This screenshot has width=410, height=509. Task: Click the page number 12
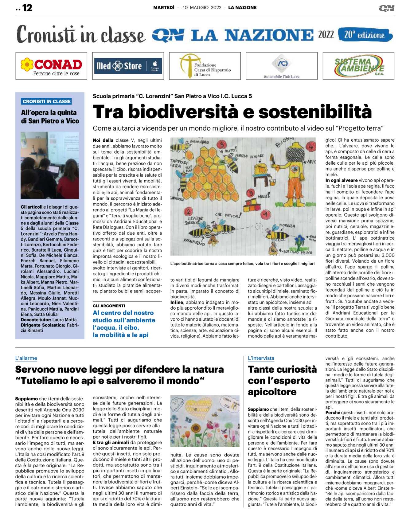pos(27,8)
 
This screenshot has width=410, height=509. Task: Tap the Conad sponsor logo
pos(51,66)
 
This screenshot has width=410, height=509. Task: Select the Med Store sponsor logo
pos(128,66)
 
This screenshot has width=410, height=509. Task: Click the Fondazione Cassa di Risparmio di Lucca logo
pos(205,66)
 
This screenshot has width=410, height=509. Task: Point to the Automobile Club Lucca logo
pos(282,66)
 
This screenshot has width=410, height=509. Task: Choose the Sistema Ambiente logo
pos(358,66)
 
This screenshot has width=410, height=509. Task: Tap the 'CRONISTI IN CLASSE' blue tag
pos(47,101)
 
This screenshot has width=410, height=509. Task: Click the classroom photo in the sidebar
pos(50,165)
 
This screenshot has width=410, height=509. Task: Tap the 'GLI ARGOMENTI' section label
pos(109,306)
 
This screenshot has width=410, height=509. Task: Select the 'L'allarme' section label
pos(26,358)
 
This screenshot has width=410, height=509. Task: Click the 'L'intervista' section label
pos(261,358)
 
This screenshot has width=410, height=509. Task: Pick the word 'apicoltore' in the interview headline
pos(272,392)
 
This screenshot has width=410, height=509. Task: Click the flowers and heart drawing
pos(205,421)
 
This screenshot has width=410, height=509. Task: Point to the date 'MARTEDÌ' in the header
pos(164,8)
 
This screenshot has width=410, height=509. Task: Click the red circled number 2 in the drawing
pos(188,212)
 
